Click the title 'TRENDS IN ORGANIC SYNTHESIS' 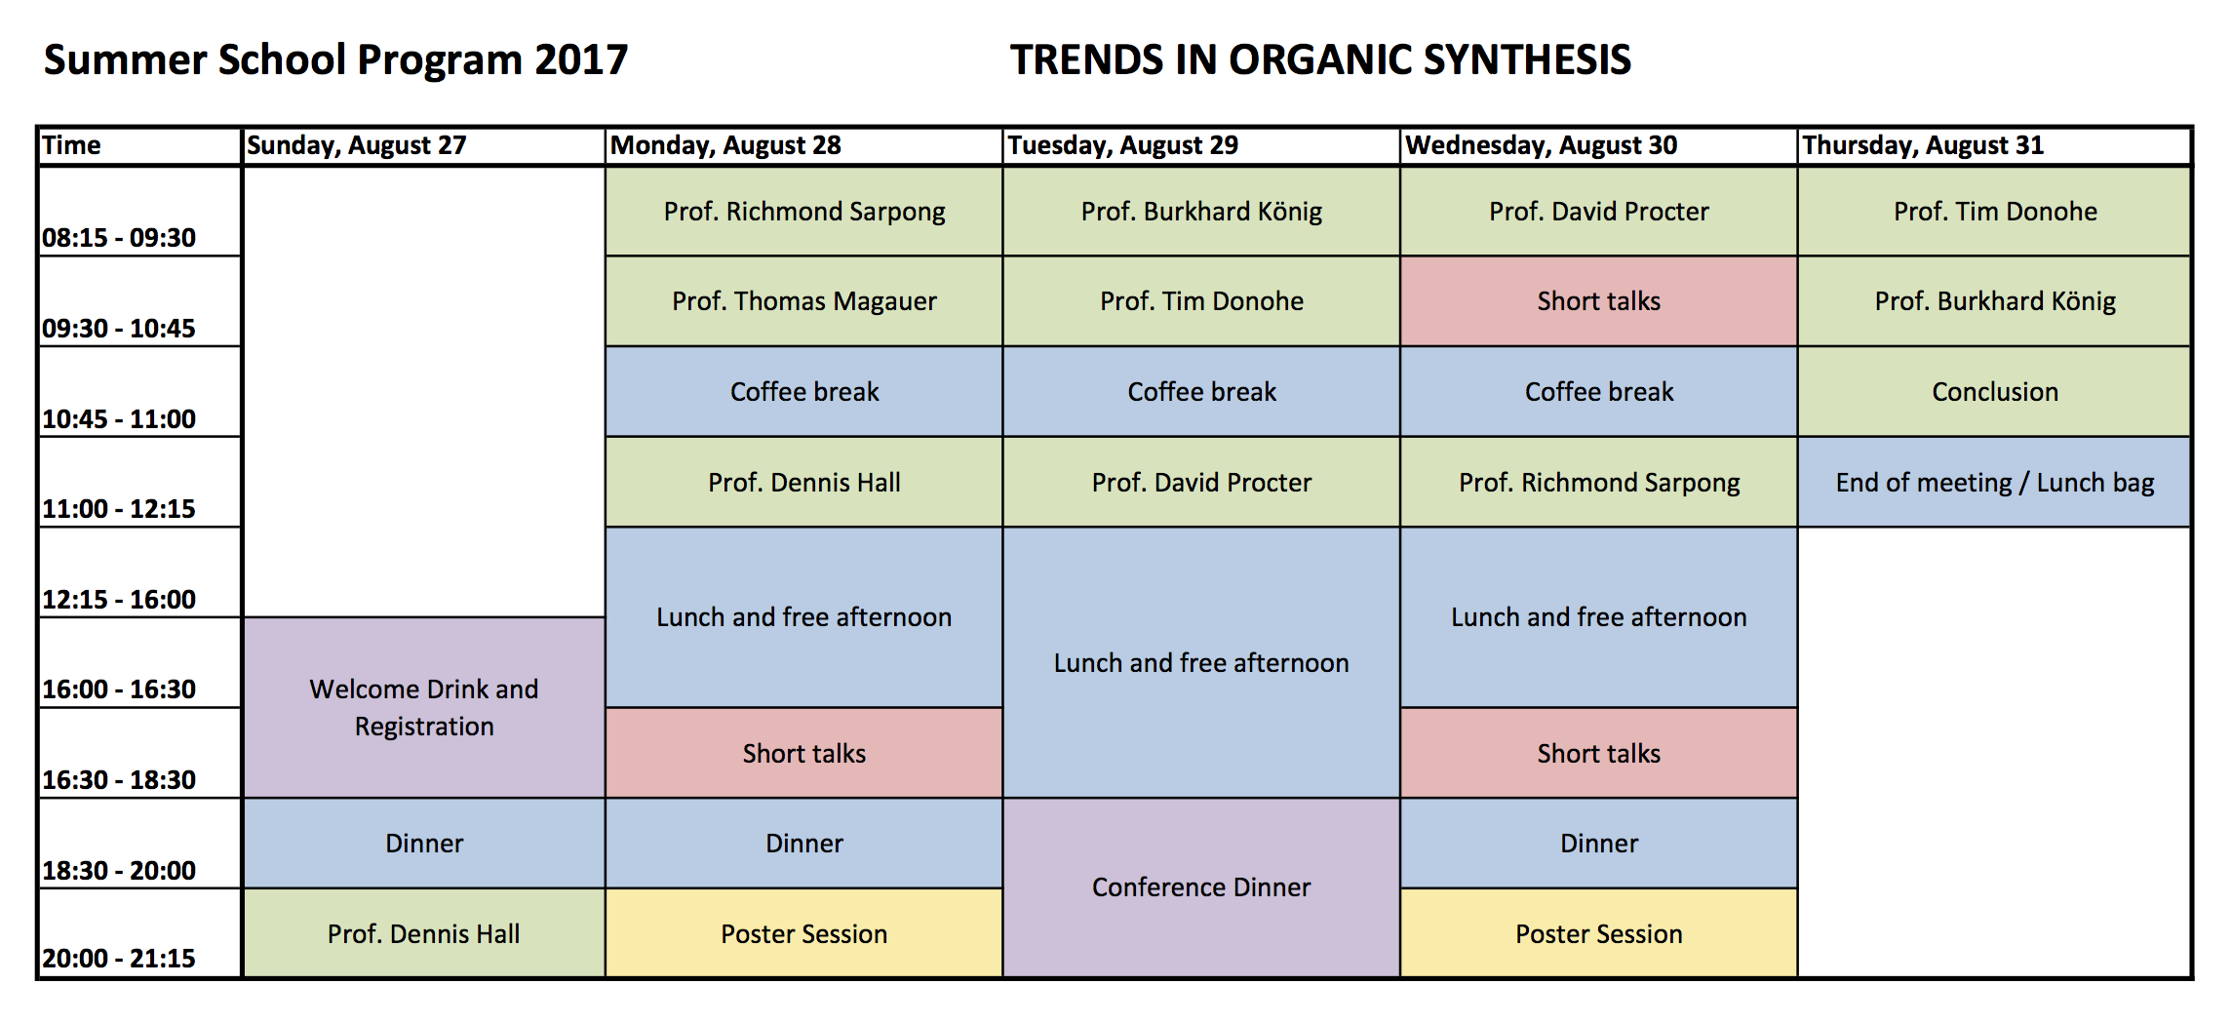coord(1320,59)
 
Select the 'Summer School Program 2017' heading coord(336,60)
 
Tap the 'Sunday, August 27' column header coord(423,145)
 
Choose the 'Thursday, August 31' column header coord(1994,145)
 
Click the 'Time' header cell coord(139,145)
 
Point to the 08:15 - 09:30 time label coord(119,237)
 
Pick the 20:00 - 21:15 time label coord(119,958)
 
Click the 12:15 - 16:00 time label coord(119,599)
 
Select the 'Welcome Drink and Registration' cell coord(424,708)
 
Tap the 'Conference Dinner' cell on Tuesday coord(1201,887)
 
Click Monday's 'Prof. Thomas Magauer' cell coord(804,301)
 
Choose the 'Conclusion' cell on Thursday coord(1995,392)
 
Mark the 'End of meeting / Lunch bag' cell coord(1995,483)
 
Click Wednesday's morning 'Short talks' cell coord(1599,301)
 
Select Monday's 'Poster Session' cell coord(804,933)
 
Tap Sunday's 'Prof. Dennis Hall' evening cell coord(424,933)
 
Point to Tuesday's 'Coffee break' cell coord(1201,392)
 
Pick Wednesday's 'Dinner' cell coord(1599,844)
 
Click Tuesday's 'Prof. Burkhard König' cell coord(1201,212)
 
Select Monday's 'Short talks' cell coord(804,753)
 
